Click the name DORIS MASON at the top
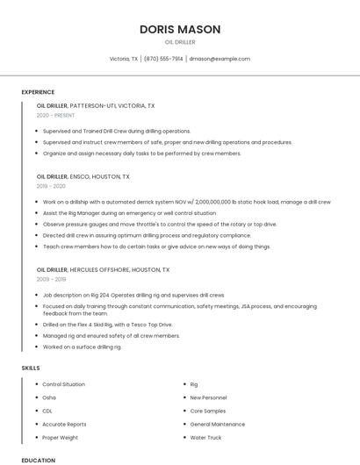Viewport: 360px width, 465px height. coord(180,29)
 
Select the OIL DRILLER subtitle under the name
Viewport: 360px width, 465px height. coord(180,42)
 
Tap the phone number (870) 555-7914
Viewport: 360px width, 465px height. coord(163,59)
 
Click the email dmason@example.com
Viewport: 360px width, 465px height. coord(220,59)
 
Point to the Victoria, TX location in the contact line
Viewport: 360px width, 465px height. coord(124,59)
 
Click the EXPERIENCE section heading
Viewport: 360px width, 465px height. coord(38,92)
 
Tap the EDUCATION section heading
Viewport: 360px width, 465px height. coord(38,460)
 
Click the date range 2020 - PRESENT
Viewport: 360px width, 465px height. coord(55,115)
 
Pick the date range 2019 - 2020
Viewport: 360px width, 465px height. coord(51,186)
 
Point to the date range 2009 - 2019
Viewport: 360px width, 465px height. coord(51,279)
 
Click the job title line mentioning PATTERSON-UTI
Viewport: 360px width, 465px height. coord(96,105)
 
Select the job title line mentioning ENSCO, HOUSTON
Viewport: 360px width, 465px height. coord(83,176)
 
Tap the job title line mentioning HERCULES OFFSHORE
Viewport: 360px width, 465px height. coord(103,269)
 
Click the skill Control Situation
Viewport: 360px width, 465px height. coord(64,384)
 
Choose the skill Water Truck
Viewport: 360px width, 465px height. coord(205,437)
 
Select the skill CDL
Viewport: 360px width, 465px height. coord(47,411)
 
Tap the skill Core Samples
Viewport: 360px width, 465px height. coord(208,411)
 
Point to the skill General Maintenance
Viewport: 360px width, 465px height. coord(218,424)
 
